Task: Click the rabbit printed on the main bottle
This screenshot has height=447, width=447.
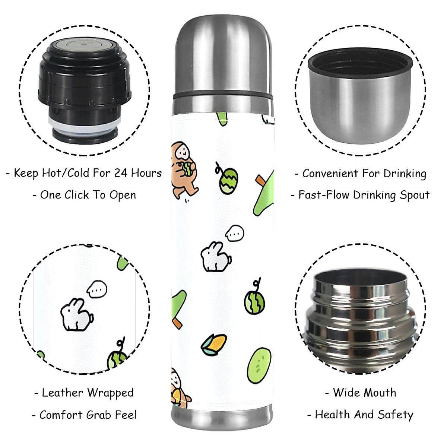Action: (x=216, y=257)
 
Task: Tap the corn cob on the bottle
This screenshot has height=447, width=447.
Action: (x=215, y=345)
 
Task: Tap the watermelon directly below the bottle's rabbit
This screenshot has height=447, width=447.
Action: (x=255, y=301)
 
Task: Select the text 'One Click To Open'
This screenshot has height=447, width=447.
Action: (x=88, y=195)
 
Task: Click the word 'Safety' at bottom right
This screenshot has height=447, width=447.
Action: (x=395, y=415)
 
